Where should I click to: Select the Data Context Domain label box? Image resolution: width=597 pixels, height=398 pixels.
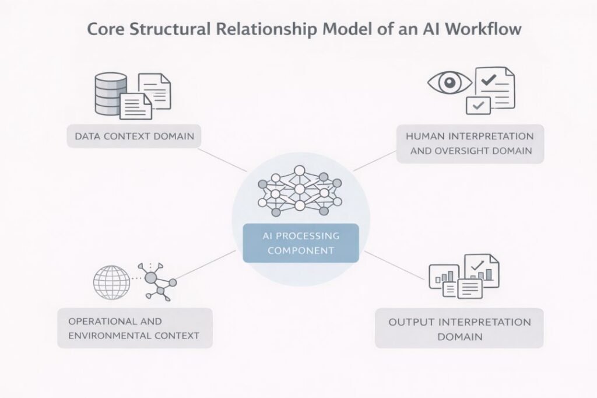click(134, 137)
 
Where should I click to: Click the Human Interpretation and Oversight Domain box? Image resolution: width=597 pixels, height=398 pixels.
click(470, 144)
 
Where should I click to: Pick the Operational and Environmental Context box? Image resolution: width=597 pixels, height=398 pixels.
click(135, 329)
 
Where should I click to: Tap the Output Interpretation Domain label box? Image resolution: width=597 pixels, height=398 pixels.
click(459, 329)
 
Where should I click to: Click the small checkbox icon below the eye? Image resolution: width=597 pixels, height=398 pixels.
click(479, 106)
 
